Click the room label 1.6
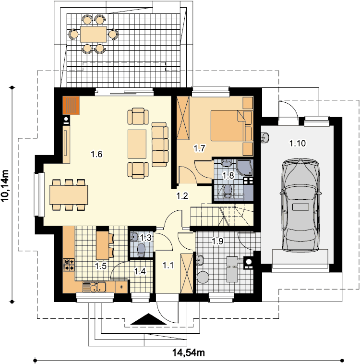click(x=96, y=154)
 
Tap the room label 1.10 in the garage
click(x=297, y=143)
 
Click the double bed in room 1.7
click(x=231, y=126)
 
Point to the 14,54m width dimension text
click(x=189, y=352)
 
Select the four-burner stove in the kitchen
click(x=69, y=265)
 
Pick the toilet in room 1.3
click(x=141, y=251)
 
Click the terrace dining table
click(x=93, y=34)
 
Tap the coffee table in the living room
click(x=137, y=144)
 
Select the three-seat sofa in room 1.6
click(x=160, y=145)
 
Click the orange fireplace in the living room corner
click(x=71, y=105)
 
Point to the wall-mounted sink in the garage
click(x=264, y=137)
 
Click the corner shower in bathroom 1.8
click(x=245, y=168)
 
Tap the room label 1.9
click(x=217, y=241)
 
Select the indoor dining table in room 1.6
click(x=69, y=194)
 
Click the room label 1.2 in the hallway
click(x=182, y=196)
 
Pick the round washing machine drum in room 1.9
click(x=203, y=278)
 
